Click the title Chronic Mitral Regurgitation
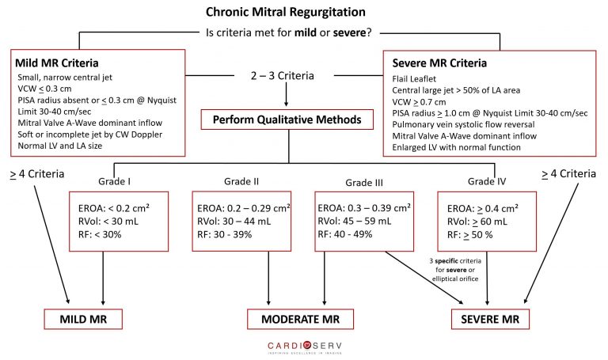pyautogui.click(x=285, y=12)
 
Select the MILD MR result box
pyautogui.click(x=83, y=319)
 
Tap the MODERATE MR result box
pyautogui.click(x=301, y=319)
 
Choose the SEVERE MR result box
pyautogui.click(x=490, y=319)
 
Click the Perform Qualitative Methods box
pyautogui.click(x=287, y=119)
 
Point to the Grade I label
pyautogui.click(x=114, y=181)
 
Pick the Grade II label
pyautogui.click(x=241, y=181)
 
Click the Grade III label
pyautogui.click(x=364, y=183)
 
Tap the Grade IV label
pyautogui.click(x=487, y=181)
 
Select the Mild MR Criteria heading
pyautogui.click(x=57, y=63)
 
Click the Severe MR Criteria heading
pyautogui.click(x=439, y=63)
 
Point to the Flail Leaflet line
pyautogui.click(x=414, y=78)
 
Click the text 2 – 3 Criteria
pyautogui.click(x=283, y=76)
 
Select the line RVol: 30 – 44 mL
pyautogui.click(x=234, y=222)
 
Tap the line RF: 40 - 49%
pyautogui.click(x=344, y=234)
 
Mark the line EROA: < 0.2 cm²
pyautogui.click(x=114, y=208)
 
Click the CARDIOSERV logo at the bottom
pyautogui.click(x=305, y=347)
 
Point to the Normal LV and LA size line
pyautogui.click(x=59, y=146)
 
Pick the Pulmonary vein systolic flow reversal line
pyautogui.click(x=463, y=124)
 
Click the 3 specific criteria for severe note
pyautogui.click(x=455, y=270)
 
